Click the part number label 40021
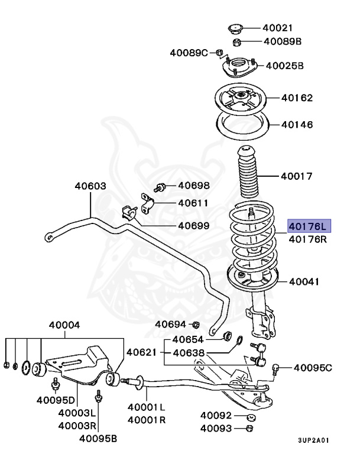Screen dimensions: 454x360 (278, 28)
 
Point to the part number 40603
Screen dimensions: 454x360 (90, 186)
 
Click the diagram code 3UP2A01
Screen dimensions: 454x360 (313, 440)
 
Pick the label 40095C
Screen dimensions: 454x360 (313, 368)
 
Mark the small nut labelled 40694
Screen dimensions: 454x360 (197, 324)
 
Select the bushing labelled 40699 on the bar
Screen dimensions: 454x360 (128, 213)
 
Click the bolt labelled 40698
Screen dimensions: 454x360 (160, 188)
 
